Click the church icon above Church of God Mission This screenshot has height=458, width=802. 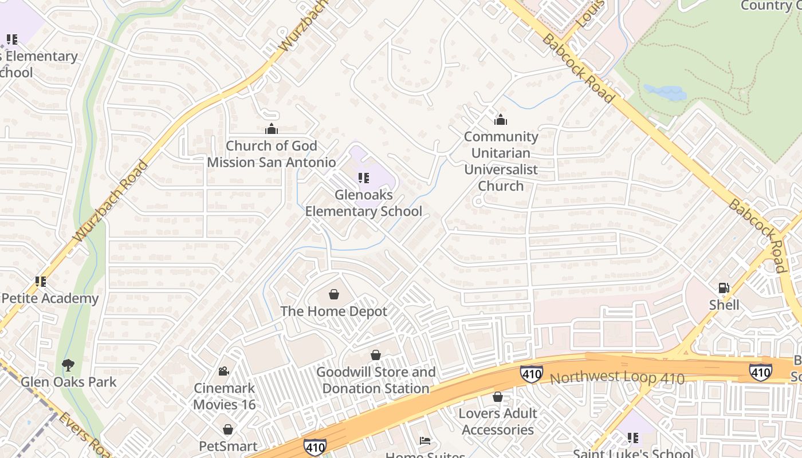pos(271,129)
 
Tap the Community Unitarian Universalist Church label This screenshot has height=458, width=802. pos(501,161)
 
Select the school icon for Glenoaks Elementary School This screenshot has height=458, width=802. pos(363,178)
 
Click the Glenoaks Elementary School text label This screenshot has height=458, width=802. pos(363,203)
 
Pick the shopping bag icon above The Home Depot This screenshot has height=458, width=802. pos(334,294)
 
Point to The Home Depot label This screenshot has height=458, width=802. pos(334,311)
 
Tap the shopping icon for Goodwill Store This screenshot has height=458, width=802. pos(376,355)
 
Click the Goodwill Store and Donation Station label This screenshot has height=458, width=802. pos(376,380)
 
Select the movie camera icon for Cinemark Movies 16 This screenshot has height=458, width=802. pos(224,371)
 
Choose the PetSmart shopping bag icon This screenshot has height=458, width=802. pos(228,429)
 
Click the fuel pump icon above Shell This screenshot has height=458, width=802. pos(724,287)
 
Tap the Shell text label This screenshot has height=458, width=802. pos(724,305)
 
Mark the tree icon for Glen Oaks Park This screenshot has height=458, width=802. pos(68,365)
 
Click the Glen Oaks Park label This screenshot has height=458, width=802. pos(68,382)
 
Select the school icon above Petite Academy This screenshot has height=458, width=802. pos(40,281)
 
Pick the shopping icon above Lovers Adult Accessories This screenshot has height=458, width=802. pos(498,396)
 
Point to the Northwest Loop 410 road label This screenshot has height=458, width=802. pos(617,378)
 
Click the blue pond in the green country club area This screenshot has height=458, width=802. pos(665,92)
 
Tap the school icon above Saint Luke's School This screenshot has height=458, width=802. pos(633,438)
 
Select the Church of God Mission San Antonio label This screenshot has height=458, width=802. pos(271,154)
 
